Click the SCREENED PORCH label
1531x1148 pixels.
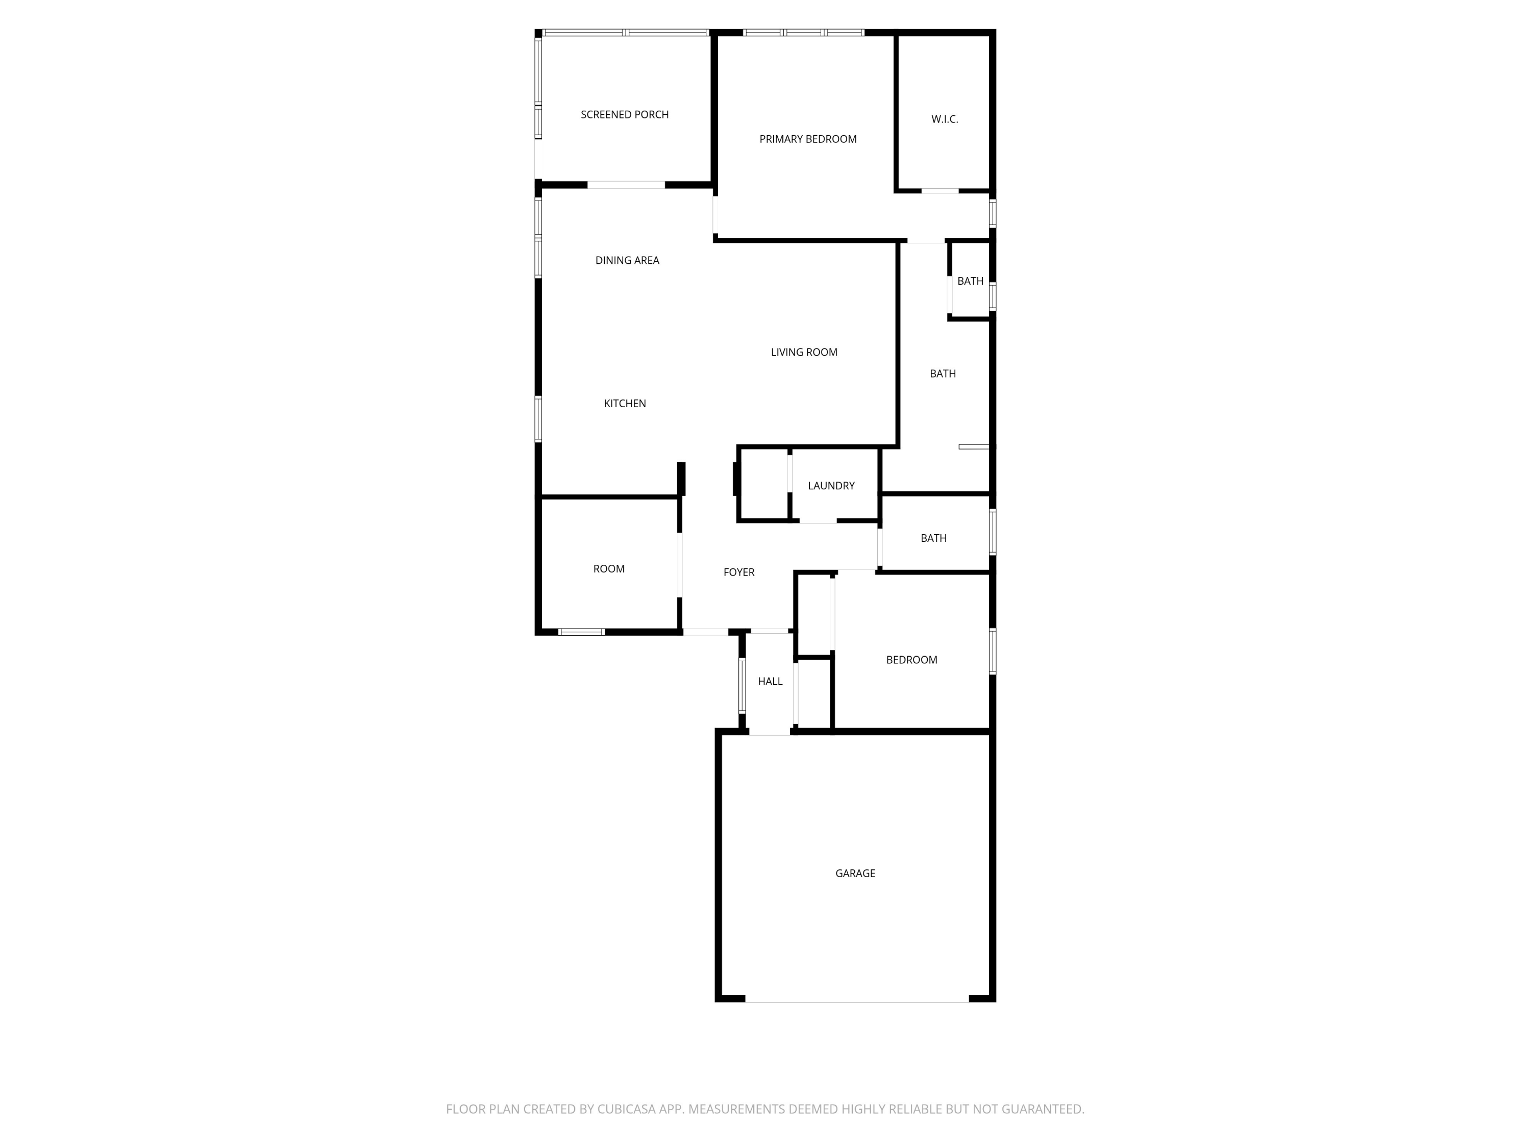point(624,115)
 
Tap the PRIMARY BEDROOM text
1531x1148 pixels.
point(808,139)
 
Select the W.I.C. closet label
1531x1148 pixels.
point(945,119)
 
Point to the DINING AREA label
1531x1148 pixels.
point(627,260)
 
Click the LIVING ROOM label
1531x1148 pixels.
point(804,352)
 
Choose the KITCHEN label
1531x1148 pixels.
point(625,404)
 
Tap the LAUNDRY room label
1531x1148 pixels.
point(831,486)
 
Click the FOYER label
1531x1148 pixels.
point(738,572)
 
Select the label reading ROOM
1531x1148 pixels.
point(609,569)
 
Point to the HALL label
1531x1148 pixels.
point(770,682)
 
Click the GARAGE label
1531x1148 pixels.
point(855,874)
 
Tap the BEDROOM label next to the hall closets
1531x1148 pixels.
point(911,660)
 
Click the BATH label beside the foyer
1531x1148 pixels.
point(934,538)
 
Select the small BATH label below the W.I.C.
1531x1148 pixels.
point(970,281)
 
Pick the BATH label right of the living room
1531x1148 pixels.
point(943,373)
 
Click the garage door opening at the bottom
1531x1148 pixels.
point(857,999)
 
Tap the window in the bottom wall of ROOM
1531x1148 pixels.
point(581,632)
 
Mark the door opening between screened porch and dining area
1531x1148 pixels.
point(626,185)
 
